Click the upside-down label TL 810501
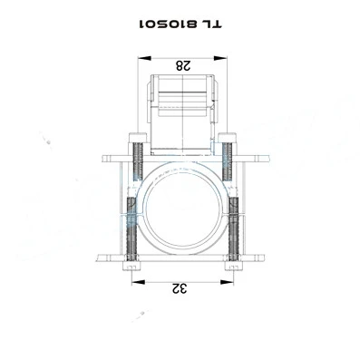pos(180,24)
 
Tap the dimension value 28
pos(183,65)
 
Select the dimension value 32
pos(180,288)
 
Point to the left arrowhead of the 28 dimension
pos(144,58)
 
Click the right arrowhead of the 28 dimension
pos(219,58)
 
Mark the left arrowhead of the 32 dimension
pos(139,282)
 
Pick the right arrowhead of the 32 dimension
pos(227,282)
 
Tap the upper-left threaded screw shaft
pos(138,161)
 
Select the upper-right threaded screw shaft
pos(227,161)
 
